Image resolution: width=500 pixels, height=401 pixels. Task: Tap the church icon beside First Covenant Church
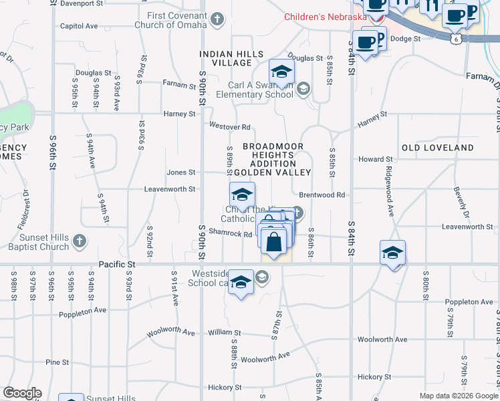point(217,19)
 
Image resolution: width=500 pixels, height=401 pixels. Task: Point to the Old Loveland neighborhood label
point(438,148)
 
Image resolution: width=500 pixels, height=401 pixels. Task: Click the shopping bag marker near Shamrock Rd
point(274,241)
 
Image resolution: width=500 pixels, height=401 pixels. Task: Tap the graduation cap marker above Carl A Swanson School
point(282,71)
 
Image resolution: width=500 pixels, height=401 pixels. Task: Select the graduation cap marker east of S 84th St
point(393,253)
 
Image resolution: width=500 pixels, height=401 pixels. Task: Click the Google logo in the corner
point(22,393)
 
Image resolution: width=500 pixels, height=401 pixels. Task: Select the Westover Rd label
point(229,127)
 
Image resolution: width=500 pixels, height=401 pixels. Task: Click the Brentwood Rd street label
point(322,195)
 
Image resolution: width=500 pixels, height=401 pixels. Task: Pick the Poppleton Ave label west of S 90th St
point(82,311)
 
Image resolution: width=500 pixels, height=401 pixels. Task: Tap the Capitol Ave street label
point(79,26)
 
